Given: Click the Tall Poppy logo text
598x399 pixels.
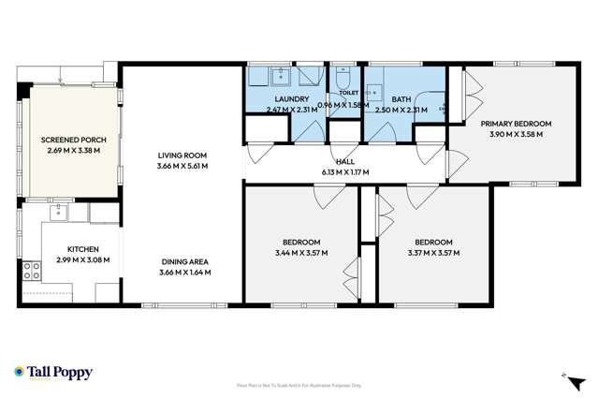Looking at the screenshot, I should [60, 372].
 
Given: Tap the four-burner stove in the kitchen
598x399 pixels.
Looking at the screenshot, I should [31, 272].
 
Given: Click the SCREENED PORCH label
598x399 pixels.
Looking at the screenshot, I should [73, 140].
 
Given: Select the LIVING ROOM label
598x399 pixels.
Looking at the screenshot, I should [182, 155].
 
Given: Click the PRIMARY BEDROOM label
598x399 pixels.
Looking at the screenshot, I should [516, 124].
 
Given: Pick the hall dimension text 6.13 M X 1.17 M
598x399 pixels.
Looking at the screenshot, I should [344, 171].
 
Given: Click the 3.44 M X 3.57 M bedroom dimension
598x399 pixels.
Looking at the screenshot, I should [301, 253].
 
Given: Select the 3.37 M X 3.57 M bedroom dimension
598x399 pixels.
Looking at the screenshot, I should [433, 252].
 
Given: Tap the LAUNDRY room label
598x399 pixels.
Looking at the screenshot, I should [292, 98].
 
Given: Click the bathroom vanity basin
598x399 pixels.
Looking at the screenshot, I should [373, 92].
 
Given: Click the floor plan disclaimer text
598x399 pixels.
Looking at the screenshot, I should [299, 384].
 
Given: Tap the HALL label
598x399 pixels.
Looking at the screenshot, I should [344, 161].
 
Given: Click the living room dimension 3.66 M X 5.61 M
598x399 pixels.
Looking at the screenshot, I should [182, 166].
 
